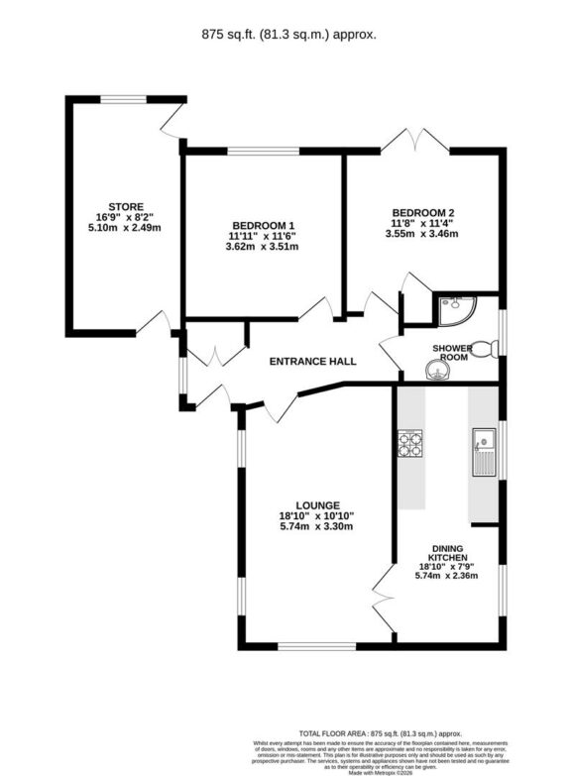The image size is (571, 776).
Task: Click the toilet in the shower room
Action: (483, 349)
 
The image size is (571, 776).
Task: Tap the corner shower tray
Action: (455, 310)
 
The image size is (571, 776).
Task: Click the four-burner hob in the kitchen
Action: (409, 443)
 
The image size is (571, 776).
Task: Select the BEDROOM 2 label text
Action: (423, 212)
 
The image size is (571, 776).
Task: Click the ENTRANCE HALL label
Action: (312, 362)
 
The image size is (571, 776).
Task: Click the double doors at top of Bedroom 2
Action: (416, 141)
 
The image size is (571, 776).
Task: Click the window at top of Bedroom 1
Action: (264, 151)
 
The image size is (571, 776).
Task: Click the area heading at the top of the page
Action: (285, 34)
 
